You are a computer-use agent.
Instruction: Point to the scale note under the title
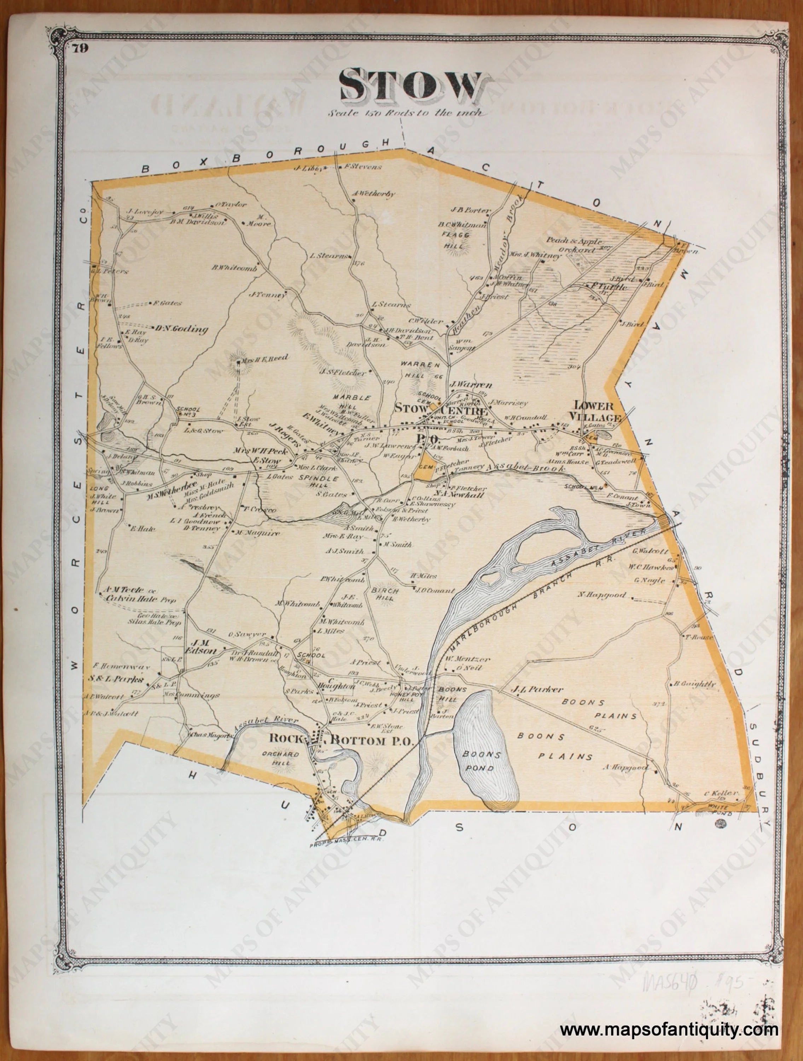(405, 114)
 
